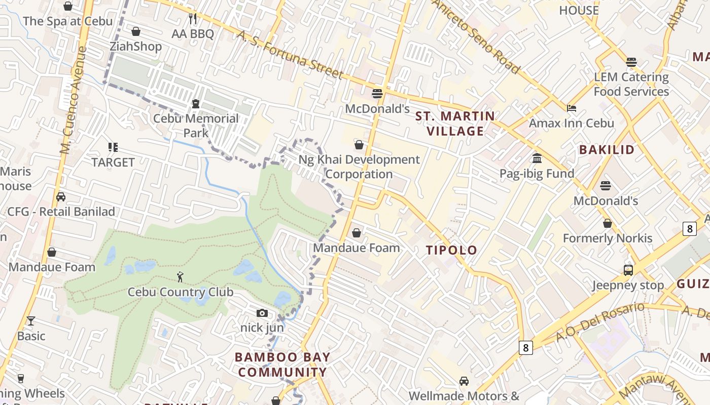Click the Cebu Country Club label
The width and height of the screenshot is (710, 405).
[181, 292]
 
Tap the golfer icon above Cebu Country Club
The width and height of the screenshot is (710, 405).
[181, 277]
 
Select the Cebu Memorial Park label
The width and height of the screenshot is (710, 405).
[196, 126]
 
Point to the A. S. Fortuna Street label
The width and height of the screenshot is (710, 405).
[290, 55]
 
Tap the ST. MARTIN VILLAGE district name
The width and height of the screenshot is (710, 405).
[455, 124]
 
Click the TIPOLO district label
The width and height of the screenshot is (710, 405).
[451, 250]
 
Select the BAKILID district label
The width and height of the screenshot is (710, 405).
[607, 150]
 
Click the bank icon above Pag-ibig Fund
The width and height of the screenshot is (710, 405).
[537, 158]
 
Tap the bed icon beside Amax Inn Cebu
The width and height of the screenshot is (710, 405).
[572, 108]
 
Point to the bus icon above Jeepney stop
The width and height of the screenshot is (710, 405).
[628, 270]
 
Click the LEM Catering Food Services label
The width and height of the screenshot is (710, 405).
[631, 85]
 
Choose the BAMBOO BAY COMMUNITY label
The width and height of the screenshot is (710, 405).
[282, 364]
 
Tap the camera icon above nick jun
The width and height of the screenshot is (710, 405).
[262, 313]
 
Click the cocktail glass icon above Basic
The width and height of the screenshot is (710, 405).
[31, 321]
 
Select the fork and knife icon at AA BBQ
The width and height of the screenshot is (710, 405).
[193, 19]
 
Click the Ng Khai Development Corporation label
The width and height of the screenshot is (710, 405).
[359, 167]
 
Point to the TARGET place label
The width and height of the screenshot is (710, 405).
[113, 163]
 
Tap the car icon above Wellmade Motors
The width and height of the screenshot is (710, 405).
[464, 381]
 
